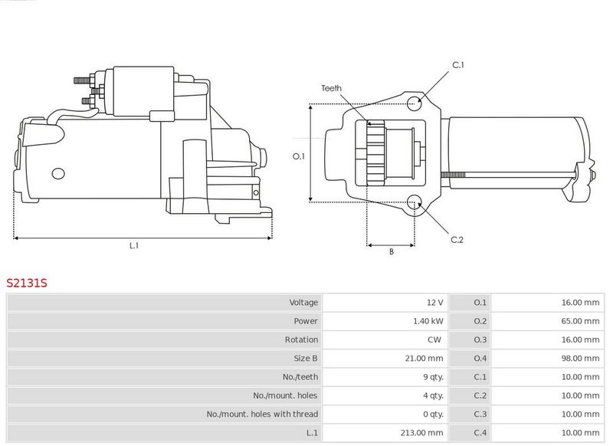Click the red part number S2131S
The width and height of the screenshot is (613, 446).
click(27, 283)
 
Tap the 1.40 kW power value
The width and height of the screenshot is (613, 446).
click(428, 321)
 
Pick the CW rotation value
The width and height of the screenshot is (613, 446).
click(434, 339)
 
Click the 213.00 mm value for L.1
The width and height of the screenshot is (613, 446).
click(422, 433)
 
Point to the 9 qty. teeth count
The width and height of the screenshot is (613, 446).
click(433, 377)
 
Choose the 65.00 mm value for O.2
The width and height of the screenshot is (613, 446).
click(580, 321)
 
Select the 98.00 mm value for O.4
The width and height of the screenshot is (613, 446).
click(580, 358)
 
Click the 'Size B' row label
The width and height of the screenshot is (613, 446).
click(306, 358)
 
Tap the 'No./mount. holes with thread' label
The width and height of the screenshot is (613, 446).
click(262, 414)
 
